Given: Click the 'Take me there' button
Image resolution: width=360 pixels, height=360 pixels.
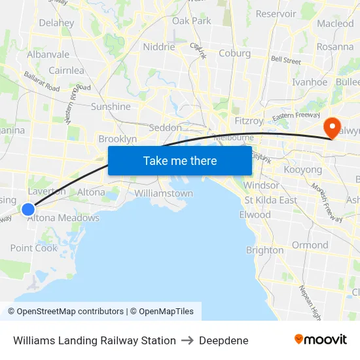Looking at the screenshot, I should coord(180,161).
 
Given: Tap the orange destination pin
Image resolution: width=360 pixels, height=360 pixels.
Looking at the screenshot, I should coord(332,127).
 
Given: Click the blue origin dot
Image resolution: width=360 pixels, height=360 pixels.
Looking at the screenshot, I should coord(28,209).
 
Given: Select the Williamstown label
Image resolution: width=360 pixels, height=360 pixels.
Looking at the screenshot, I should coord(164,194).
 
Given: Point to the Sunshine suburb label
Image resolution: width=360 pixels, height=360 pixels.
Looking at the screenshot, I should coord(111,107).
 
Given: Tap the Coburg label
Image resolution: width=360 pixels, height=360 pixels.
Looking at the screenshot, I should coord(234,54).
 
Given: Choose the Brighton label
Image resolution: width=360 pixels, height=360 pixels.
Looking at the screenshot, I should coord(264,250).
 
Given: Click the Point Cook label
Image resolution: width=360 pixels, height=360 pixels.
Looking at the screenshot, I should coord(34,248).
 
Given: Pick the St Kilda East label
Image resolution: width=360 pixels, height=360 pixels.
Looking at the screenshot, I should coord(270,200).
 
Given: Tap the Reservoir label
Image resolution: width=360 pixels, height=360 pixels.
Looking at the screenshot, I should coord(276,14).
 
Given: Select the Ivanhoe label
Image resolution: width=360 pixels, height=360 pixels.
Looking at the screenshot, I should coord(310,82).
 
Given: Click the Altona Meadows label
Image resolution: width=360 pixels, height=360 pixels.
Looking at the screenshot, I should coord(64,219).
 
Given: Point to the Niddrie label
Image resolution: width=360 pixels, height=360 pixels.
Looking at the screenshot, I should coord(159,47).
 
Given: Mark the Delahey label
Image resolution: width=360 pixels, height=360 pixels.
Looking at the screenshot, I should coord(56,23).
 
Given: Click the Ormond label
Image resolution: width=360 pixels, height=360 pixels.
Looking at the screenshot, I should coord(310,245).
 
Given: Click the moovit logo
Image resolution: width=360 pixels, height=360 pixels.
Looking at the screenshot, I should coord(320,340).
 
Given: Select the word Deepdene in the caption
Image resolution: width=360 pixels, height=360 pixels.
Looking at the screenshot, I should coord(224,340).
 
